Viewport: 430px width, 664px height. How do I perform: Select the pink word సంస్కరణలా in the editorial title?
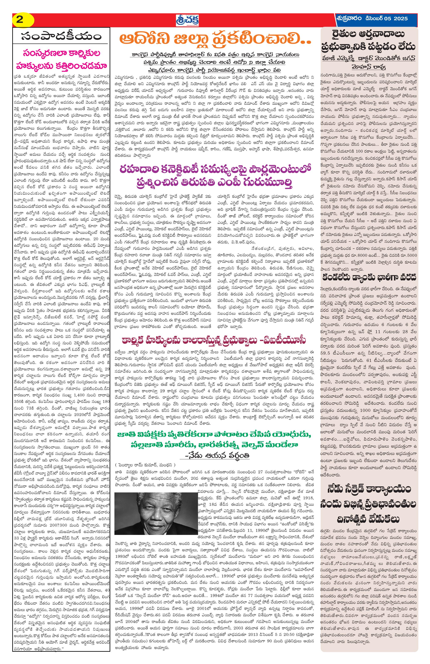pyautogui.click(x=42, y=53)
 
